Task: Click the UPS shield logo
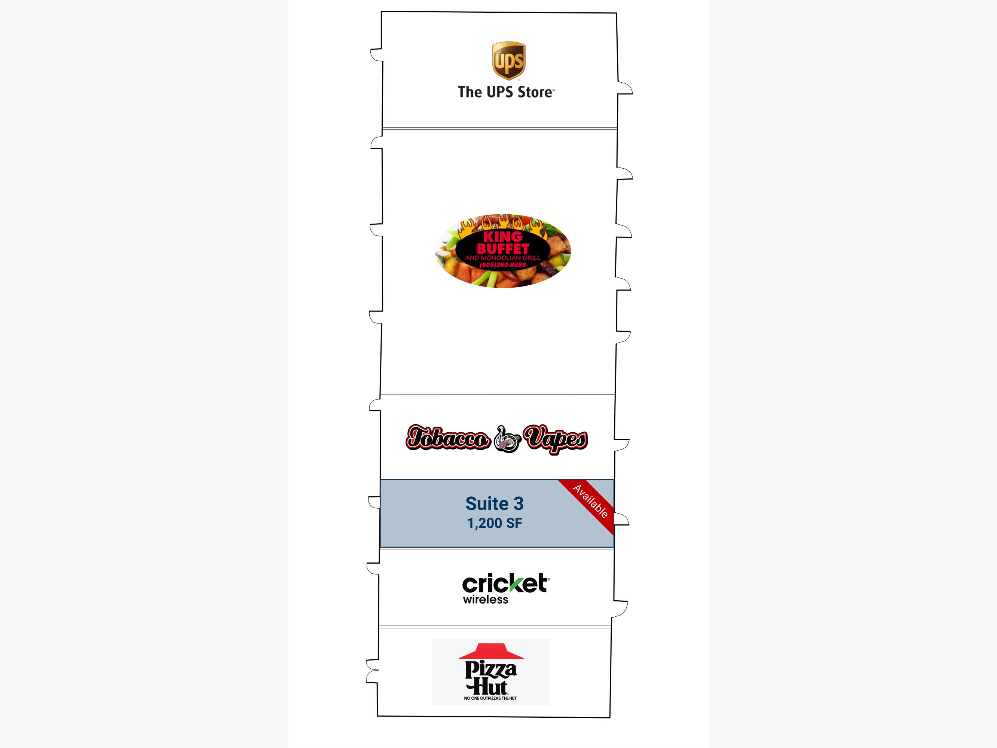(x=508, y=61)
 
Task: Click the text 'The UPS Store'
(x=506, y=92)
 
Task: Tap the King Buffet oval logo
(x=502, y=251)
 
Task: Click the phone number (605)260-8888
(x=502, y=264)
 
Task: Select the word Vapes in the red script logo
(x=556, y=439)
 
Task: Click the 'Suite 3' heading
(x=495, y=504)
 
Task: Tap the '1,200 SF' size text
(x=495, y=523)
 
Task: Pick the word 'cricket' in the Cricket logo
(x=505, y=584)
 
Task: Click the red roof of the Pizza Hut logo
(x=491, y=651)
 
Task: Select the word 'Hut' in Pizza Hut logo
(x=487, y=687)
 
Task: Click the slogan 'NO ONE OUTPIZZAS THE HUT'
(x=490, y=698)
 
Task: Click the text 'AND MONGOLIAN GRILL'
(x=502, y=258)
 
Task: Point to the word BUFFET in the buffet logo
(x=502, y=249)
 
